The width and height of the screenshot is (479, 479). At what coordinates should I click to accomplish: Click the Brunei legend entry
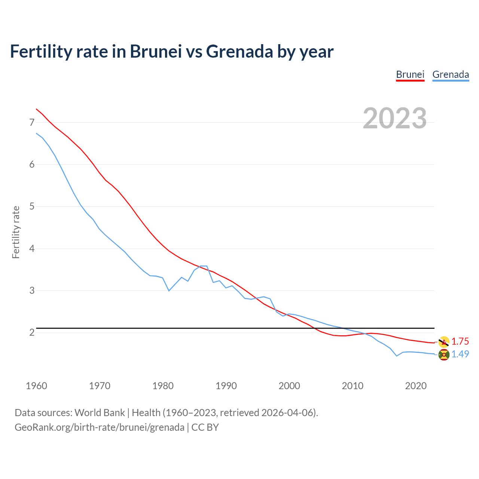(x=410, y=74)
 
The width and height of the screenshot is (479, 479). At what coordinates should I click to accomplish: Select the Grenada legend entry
(x=451, y=74)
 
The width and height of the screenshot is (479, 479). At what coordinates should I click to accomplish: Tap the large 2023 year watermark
(x=395, y=118)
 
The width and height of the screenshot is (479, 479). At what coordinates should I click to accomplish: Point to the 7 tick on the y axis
(x=32, y=122)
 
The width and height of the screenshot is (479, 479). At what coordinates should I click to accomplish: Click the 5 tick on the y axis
(x=32, y=206)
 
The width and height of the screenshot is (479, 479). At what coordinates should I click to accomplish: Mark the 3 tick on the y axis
(x=32, y=290)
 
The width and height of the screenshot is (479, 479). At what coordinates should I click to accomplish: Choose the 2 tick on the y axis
(x=32, y=332)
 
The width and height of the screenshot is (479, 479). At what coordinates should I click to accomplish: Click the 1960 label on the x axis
(x=36, y=386)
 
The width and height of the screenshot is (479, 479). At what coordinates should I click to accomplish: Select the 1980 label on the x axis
(x=163, y=386)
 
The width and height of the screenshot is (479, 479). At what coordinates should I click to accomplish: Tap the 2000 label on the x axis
(x=289, y=386)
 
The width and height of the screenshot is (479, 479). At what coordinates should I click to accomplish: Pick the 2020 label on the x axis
(x=416, y=386)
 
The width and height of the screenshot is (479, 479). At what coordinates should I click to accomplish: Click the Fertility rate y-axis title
(x=16, y=232)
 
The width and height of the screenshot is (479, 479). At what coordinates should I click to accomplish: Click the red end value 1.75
(x=460, y=341)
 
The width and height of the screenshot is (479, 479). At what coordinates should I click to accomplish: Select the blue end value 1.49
(x=460, y=354)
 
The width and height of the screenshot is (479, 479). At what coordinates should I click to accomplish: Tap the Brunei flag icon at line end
(x=444, y=342)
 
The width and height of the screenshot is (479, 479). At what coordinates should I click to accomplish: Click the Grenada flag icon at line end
(x=444, y=354)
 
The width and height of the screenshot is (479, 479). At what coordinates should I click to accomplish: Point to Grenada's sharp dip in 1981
(x=169, y=290)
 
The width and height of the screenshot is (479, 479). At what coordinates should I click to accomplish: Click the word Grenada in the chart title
(x=239, y=51)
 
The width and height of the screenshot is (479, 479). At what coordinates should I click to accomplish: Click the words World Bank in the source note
(x=100, y=412)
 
